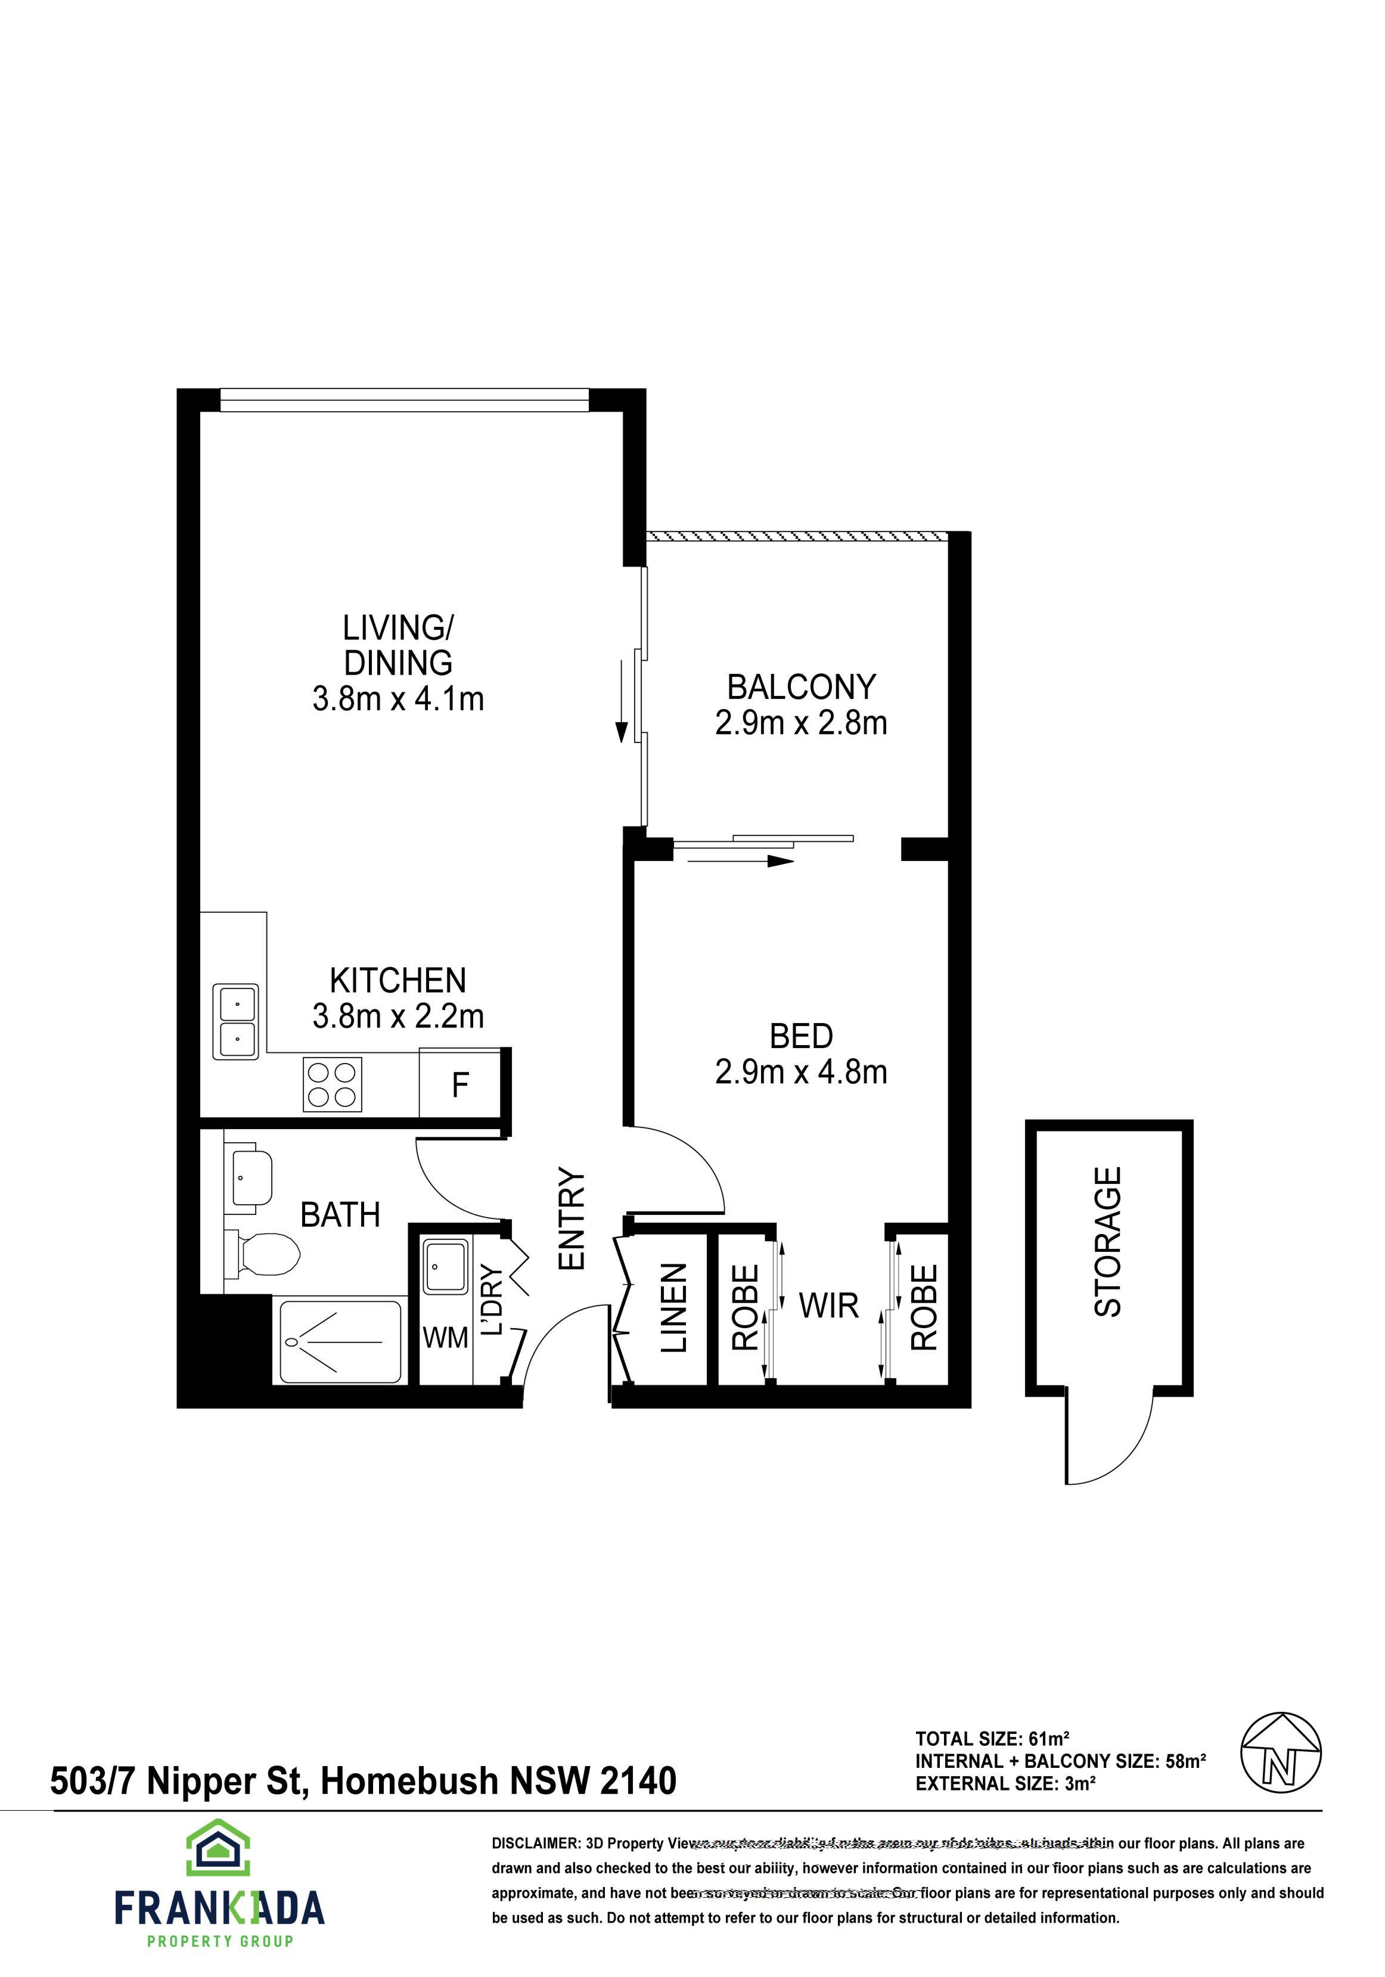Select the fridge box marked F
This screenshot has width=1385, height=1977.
point(460,1085)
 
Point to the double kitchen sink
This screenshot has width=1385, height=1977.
point(236,1022)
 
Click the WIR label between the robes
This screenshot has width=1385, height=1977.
point(828,1306)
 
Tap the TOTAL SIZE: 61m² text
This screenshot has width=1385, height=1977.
point(992,1737)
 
